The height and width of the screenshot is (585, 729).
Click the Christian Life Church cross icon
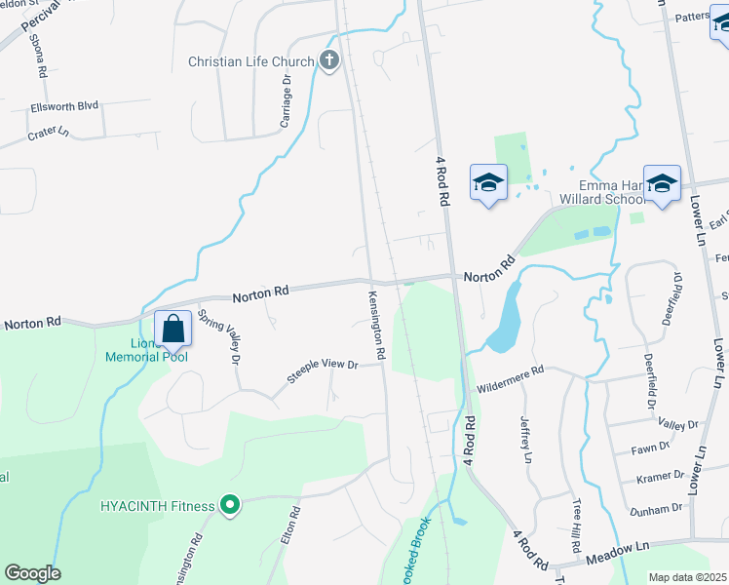coord(329,61)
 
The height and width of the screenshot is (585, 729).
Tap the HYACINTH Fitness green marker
coord(229,504)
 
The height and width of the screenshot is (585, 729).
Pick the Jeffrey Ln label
coord(526,439)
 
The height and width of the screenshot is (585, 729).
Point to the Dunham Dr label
coord(657,509)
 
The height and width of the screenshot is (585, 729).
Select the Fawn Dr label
coord(651,448)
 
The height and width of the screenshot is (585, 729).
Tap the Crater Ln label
coord(49,132)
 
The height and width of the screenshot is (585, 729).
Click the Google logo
coord(32,573)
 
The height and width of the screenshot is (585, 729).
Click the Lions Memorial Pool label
coord(146,350)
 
